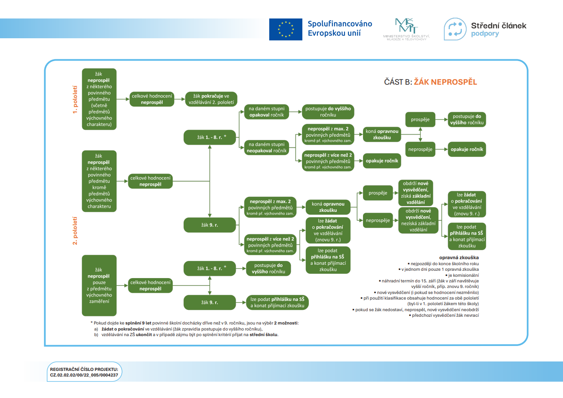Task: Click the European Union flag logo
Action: pyautogui.click(x=286, y=29)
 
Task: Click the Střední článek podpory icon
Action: pyautogui.click(x=455, y=29)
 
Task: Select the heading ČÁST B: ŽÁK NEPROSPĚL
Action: pyautogui.click(x=430, y=82)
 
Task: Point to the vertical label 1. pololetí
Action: pyautogui.click(x=75, y=99)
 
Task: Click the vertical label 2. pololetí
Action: pyautogui.click(x=75, y=231)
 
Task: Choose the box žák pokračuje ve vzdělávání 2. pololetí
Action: pyautogui.click(x=211, y=99)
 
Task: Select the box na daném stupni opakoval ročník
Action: pyautogui.click(x=266, y=112)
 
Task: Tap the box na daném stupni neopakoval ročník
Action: pyautogui.click(x=266, y=147)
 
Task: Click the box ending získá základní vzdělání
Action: pyautogui.click(x=415, y=193)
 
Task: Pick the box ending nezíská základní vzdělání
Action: pyautogui.click(x=418, y=220)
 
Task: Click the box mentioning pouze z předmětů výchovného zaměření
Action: pyautogui.click(x=99, y=285)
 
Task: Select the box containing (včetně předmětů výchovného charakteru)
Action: pyautogui.click(x=99, y=99)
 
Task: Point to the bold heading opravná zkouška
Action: pyautogui.click(x=458, y=257)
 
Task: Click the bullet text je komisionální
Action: pyautogui.click(x=463, y=275)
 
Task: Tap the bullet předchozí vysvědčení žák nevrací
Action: pyautogui.click(x=445, y=315)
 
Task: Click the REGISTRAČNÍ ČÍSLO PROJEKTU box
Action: pyautogui.click(x=84, y=372)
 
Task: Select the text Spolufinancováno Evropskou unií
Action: pyautogui.click(x=340, y=28)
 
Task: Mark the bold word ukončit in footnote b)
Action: pyautogui.click(x=144, y=334)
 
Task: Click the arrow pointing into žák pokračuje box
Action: pyautogui.click(x=182, y=99)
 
